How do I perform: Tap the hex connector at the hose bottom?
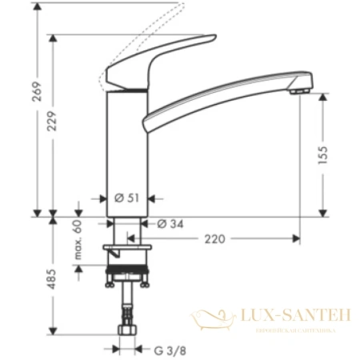click(x=126, y=329)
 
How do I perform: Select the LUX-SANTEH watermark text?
click(x=294, y=317)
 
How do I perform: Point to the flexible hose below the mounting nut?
click(x=126, y=304)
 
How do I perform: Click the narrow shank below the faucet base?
click(x=126, y=232)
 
